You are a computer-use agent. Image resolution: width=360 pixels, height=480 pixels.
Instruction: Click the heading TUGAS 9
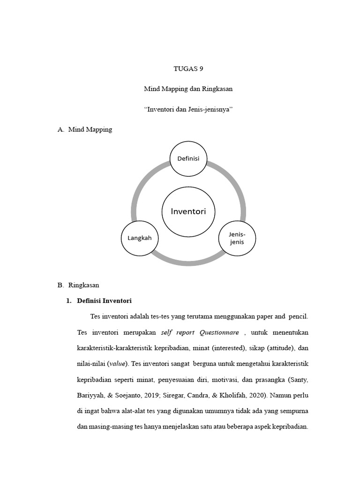coord(188,68)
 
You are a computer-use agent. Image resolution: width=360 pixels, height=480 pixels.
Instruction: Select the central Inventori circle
coord(188,211)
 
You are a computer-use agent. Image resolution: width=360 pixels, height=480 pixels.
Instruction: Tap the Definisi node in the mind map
coord(188,158)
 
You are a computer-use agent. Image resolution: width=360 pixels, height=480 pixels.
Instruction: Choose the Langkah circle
coord(140,238)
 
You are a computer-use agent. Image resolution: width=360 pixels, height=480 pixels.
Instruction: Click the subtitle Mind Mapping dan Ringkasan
coord(188,89)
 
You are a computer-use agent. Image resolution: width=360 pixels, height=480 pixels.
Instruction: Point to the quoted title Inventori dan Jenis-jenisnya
coord(188,109)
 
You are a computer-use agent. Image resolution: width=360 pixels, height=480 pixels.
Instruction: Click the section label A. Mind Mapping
coord(85,129)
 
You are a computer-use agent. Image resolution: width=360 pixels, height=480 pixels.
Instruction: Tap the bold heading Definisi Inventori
coord(105,300)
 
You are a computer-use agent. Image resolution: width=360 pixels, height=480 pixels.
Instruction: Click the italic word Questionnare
coord(219,333)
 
